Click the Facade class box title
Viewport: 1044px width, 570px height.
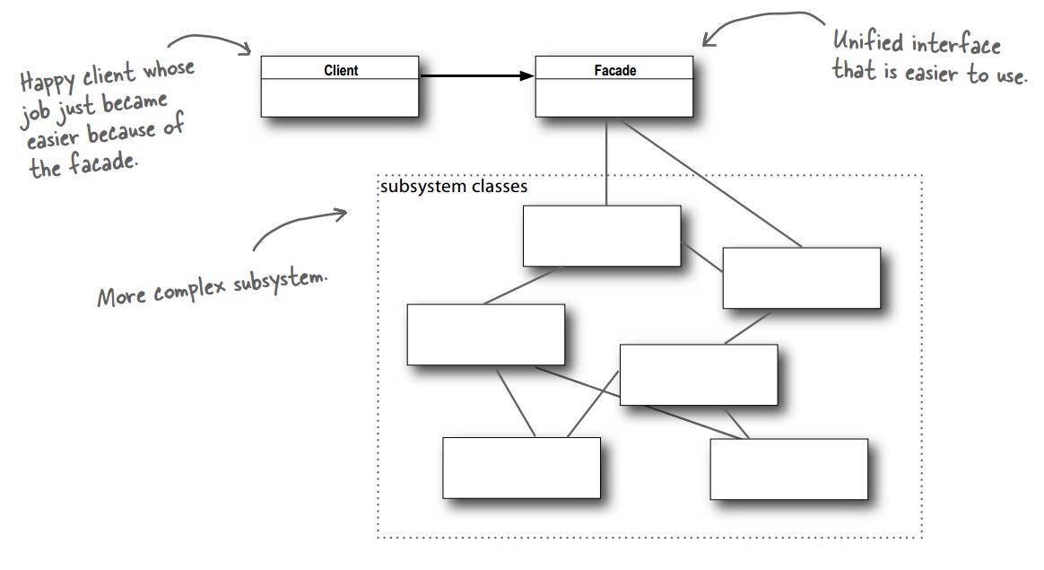(x=614, y=69)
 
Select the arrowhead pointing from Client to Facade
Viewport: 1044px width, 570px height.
(x=526, y=76)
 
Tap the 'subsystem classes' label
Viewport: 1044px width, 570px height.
(x=453, y=188)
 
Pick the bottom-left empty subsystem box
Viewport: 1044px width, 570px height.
(x=521, y=468)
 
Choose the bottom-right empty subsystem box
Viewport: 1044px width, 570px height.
(x=788, y=469)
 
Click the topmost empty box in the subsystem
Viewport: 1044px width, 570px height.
(x=601, y=235)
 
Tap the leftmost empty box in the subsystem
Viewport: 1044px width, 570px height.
(x=485, y=334)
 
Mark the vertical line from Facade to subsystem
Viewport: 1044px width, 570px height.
(x=605, y=162)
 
